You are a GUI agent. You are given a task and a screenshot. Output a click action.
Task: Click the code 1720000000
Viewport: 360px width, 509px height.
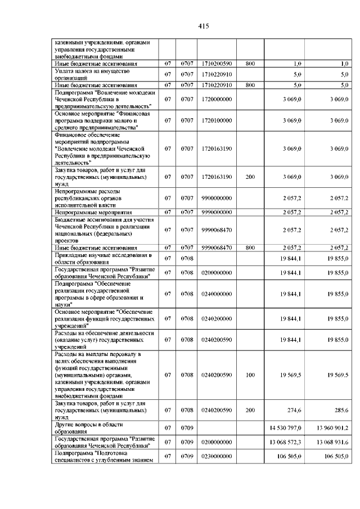point(215,99)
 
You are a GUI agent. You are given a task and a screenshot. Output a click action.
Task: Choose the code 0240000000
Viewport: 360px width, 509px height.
point(215,294)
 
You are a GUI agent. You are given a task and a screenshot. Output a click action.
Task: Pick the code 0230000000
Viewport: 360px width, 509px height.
point(215,457)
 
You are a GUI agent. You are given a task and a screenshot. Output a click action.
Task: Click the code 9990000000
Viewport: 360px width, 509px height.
point(215,212)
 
